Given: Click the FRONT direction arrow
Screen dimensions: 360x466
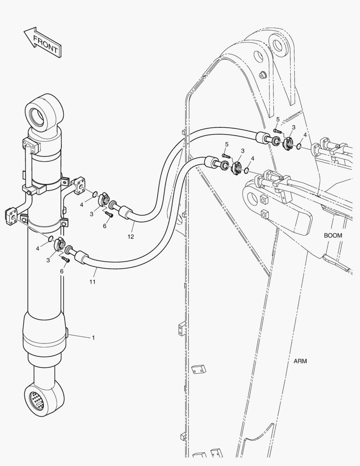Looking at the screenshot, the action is [43, 42].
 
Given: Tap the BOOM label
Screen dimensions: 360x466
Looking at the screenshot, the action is [333, 236].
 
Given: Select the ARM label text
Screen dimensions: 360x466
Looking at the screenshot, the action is [300, 361].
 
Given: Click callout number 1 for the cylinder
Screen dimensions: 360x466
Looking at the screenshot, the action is [93, 337].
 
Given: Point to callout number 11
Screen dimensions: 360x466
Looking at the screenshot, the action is [92, 281].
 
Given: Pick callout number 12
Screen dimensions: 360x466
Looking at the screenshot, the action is [131, 236].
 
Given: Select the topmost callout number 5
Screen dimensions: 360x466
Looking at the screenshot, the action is [278, 120].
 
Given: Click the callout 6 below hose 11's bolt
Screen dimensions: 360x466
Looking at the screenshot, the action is [62, 271].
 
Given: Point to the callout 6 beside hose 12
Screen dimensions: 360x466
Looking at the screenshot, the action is [105, 226].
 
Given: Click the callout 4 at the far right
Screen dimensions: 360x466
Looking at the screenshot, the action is [305, 135].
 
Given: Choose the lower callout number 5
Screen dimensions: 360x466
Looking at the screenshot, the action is [227, 145].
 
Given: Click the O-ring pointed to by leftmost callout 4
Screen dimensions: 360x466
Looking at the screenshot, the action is [51, 238].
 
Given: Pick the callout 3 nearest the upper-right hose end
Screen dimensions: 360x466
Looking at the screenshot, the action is [294, 127].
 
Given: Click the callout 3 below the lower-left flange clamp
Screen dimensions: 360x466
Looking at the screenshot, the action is [48, 260].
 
